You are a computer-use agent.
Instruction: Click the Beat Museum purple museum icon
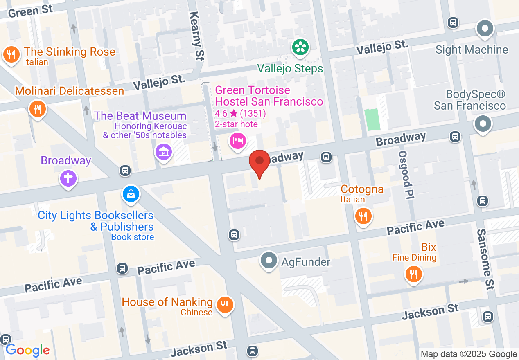pyautogui.click(x=163, y=152)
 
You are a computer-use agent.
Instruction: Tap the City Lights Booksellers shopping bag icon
pyautogui.click(x=131, y=194)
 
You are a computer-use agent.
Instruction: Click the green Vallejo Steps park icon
pyautogui.click(x=300, y=47)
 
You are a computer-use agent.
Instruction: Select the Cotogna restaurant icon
pyautogui.click(x=363, y=215)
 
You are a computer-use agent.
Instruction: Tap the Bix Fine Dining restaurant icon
pyautogui.click(x=414, y=274)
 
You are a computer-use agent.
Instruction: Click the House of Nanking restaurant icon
pyautogui.click(x=224, y=305)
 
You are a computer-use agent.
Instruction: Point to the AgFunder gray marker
pyautogui.click(x=269, y=261)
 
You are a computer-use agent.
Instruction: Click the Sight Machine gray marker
pyautogui.click(x=485, y=29)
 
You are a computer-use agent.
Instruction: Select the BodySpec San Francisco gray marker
pyautogui.click(x=483, y=124)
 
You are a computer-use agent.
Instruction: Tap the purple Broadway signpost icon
pyautogui.click(x=68, y=178)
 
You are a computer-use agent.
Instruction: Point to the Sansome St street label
pyautogui.click(x=485, y=259)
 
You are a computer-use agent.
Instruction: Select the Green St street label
pyautogui.click(x=30, y=11)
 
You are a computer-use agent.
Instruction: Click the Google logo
pyautogui.click(x=27, y=350)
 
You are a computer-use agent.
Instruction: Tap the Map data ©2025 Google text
pyautogui.click(x=469, y=354)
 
